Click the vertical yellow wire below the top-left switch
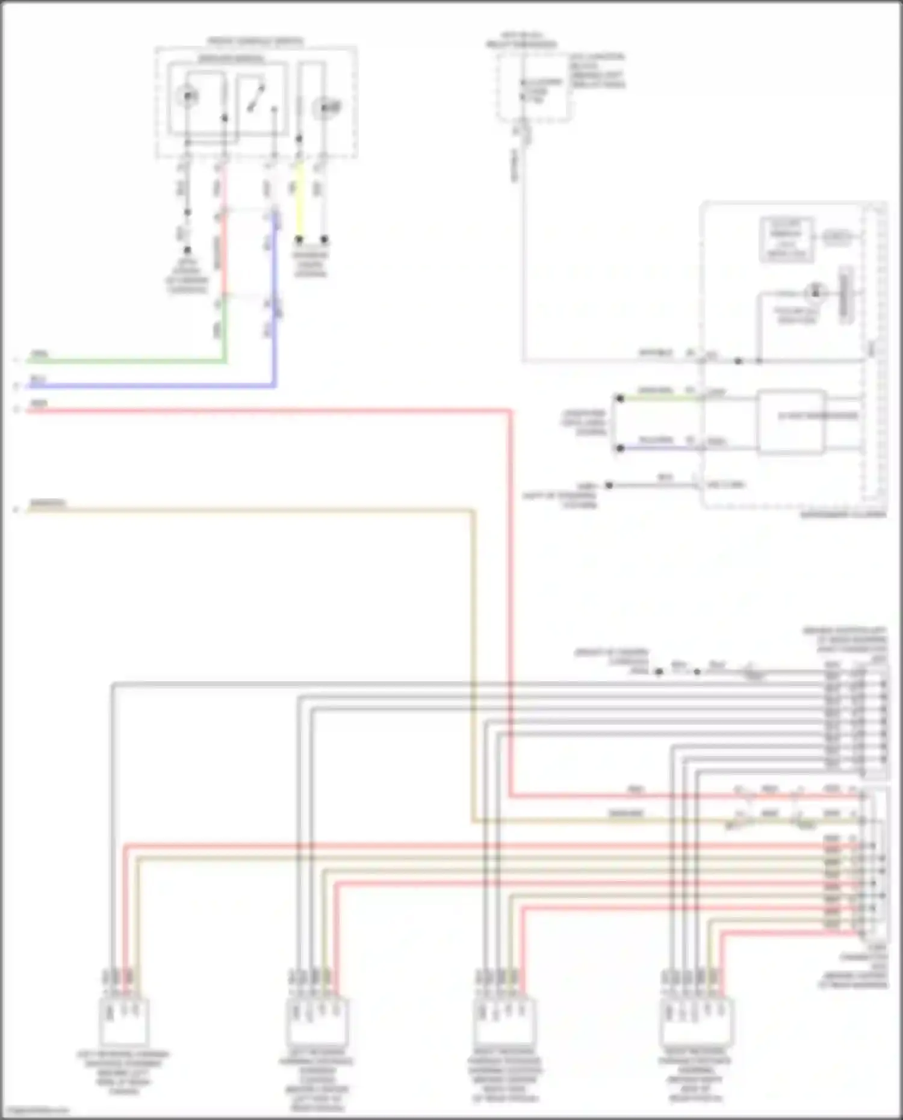point(299,205)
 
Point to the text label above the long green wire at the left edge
point(40,354)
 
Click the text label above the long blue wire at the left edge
point(38,379)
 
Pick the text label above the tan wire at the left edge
point(48,503)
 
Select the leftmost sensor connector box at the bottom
point(124,1021)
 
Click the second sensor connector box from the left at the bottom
point(317,1021)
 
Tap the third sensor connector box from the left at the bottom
point(504,1021)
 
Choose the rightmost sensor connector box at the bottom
point(697,1021)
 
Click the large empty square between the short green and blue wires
point(791,421)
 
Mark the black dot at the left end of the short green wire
point(619,398)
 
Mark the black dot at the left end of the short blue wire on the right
point(619,448)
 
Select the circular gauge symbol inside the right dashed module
point(815,292)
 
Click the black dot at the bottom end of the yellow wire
point(299,240)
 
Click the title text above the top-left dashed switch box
point(255,42)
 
